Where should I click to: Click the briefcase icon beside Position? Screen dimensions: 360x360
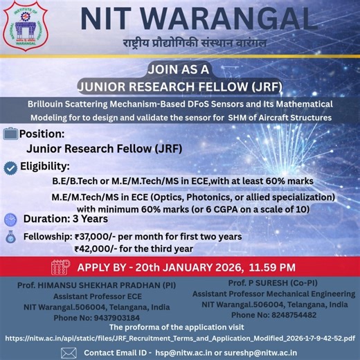10,134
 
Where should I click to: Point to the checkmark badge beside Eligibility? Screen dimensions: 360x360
10,167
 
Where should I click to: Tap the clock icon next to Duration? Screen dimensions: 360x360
10,219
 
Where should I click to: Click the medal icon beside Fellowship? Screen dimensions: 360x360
10,237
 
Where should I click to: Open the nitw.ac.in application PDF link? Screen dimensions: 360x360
180,339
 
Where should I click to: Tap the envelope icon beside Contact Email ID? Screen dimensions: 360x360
68,352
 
